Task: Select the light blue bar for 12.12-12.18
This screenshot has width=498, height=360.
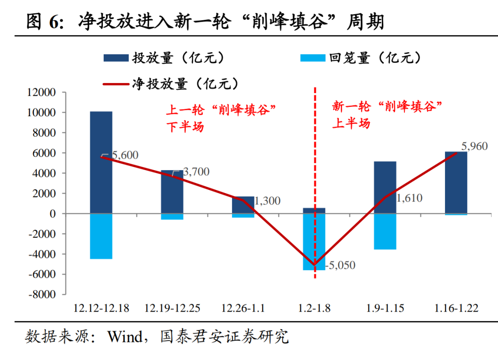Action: point(101,236)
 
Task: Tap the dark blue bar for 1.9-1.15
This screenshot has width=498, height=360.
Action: point(385,187)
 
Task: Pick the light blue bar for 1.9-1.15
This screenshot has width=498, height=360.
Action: point(385,231)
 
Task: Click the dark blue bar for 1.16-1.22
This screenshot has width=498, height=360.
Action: point(456,183)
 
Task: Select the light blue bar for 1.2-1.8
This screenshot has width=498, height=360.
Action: point(314,242)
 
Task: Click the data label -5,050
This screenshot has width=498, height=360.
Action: point(340,266)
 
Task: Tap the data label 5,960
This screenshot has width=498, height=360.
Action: point(474,147)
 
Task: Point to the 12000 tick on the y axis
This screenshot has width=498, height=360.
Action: point(41,93)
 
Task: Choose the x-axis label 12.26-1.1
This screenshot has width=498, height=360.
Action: point(243,308)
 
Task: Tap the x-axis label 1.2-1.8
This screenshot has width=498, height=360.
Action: point(314,308)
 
